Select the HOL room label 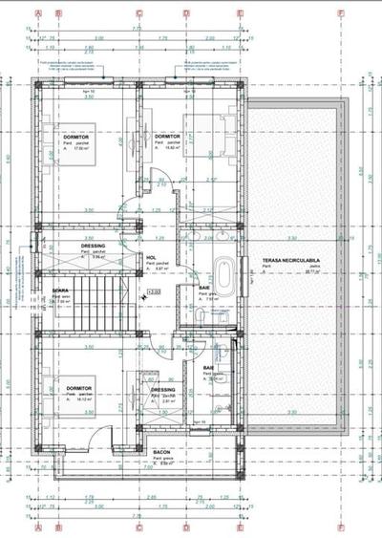click(x=151, y=257)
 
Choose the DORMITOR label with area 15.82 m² click(x=167, y=137)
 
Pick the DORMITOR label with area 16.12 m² click(x=78, y=389)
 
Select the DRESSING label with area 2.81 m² click(x=163, y=389)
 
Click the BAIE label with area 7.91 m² click(x=205, y=287)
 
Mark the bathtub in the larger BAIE click(x=223, y=277)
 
